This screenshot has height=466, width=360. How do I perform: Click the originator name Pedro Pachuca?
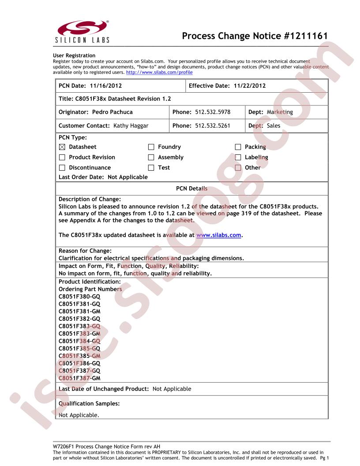point(112,112)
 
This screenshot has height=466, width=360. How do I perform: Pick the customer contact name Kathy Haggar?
point(131,126)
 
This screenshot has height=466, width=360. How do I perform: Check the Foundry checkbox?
point(151,147)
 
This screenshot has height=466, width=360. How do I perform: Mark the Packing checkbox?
point(238,147)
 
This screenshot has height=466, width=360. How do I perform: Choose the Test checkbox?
point(151,168)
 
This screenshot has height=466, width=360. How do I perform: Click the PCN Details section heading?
point(191,188)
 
